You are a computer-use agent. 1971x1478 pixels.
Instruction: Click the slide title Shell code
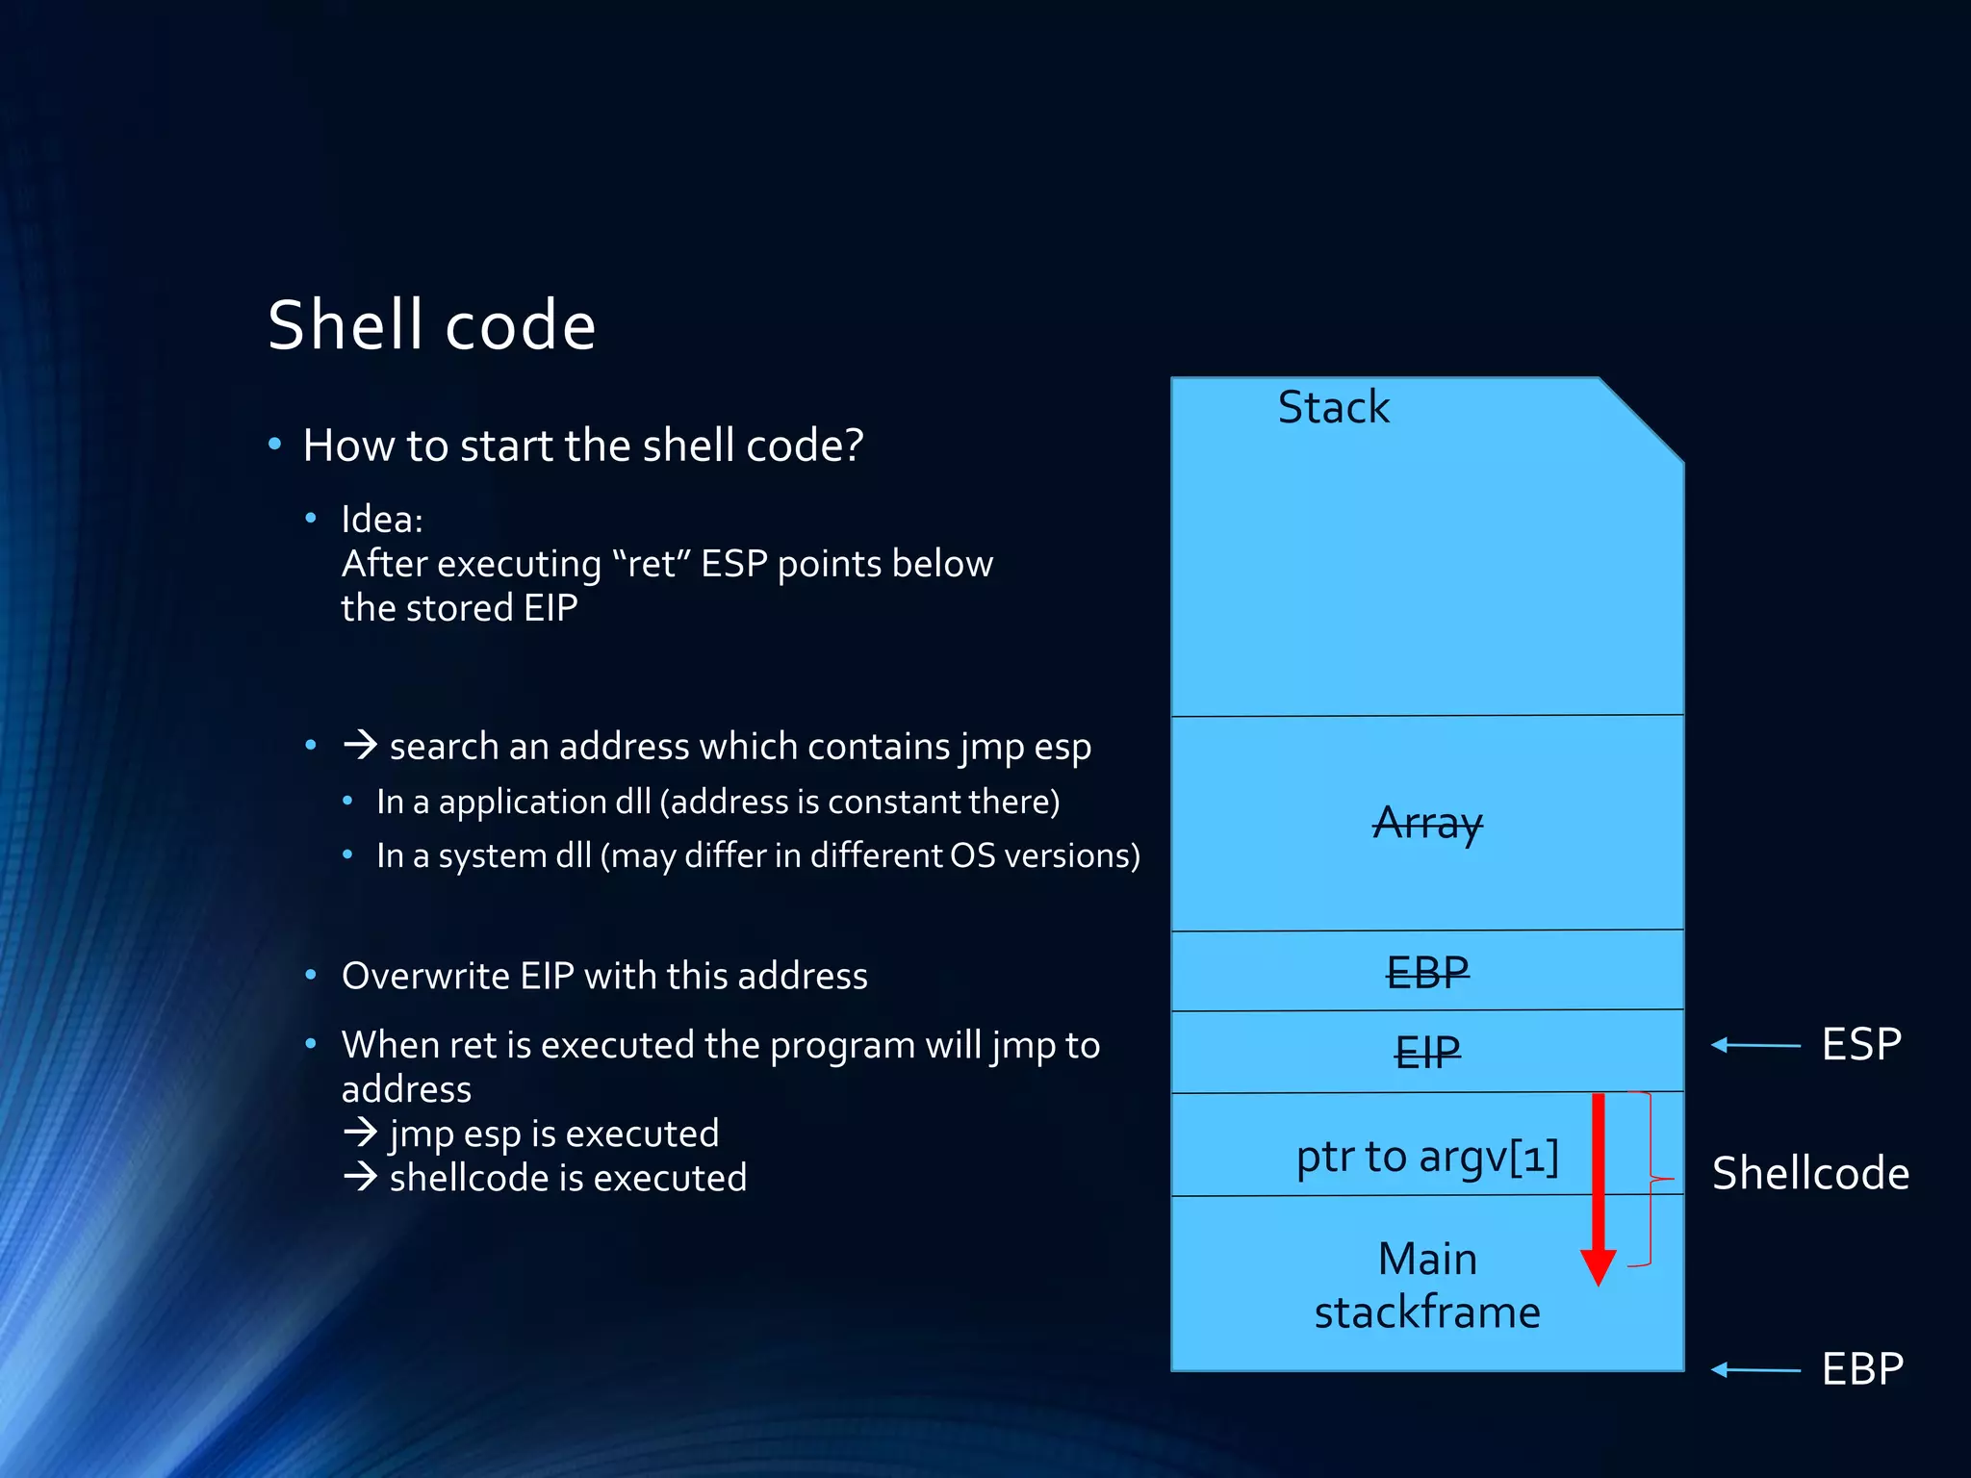click(x=431, y=325)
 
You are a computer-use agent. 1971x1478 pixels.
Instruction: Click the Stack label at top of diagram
click(x=1333, y=407)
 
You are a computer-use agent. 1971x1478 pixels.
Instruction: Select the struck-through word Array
click(x=1427, y=823)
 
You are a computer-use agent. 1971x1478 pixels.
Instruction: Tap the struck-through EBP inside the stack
click(x=1427, y=972)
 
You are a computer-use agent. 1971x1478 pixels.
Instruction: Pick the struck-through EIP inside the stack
click(x=1427, y=1052)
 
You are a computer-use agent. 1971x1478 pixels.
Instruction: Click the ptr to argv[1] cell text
click(x=1427, y=1156)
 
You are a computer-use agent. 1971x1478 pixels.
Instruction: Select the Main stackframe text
click(x=1427, y=1286)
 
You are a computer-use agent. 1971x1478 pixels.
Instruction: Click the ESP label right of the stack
click(x=1861, y=1044)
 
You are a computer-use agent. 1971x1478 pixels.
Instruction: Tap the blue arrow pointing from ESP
click(x=1755, y=1045)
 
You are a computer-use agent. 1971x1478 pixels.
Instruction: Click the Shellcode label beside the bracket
click(x=1810, y=1173)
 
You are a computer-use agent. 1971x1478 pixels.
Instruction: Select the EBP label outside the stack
click(x=1862, y=1368)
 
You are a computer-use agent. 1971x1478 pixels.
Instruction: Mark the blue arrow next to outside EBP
click(x=1755, y=1369)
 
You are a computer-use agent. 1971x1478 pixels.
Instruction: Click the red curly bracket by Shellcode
click(x=1651, y=1179)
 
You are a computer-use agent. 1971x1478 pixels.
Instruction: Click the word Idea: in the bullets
click(x=382, y=520)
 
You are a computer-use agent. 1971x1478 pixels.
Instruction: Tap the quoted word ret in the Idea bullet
click(x=652, y=564)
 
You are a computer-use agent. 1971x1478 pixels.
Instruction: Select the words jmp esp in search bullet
click(x=1024, y=747)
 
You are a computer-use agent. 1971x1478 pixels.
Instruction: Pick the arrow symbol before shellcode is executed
click(x=360, y=1176)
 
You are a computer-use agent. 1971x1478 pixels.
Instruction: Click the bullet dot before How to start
click(x=275, y=445)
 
